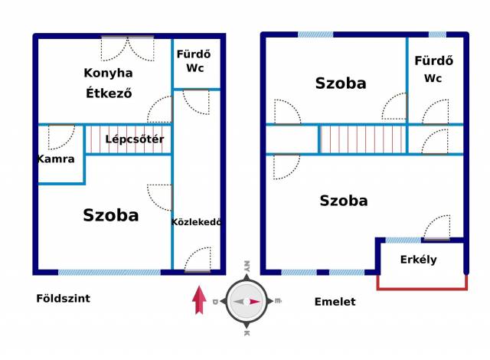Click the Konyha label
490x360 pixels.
pyautogui.click(x=108, y=74)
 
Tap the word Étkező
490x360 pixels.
pyautogui.click(x=109, y=93)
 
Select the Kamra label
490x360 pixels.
pyautogui.click(x=56, y=159)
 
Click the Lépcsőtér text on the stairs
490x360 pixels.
pyautogui.click(x=135, y=139)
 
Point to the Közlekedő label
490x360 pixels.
pyautogui.click(x=196, y=222)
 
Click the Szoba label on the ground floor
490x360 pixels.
pyautogui.click(x=111, y=215)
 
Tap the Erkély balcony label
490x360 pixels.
pyautogui.click(x=419, y=260)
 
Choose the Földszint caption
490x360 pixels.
pyautogui.click(x=63, y=299)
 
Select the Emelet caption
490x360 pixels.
pyautogui.click(x=335, y=302)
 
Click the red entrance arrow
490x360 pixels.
pyautogui.click(x=199, y=299)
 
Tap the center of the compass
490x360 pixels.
pyautogui.click(x=247, y=302)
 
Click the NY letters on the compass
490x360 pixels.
pyautogui.click(x=247, y=266)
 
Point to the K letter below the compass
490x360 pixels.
pyautogui.click(x=247, y=333)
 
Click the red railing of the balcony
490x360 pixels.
pyautogui.click(x=422, y=288)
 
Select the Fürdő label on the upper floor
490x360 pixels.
pyautogui.click(x=434, y=61)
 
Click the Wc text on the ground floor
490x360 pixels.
pyautogui.click(x=194, y=68)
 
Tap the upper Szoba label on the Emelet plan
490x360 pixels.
pyautogui.click(x=341, y=83)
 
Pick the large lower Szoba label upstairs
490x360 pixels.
pyautogui.click(x=344, y=201)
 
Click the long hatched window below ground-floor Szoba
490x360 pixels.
pyautogui.click(x=109, y=272)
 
